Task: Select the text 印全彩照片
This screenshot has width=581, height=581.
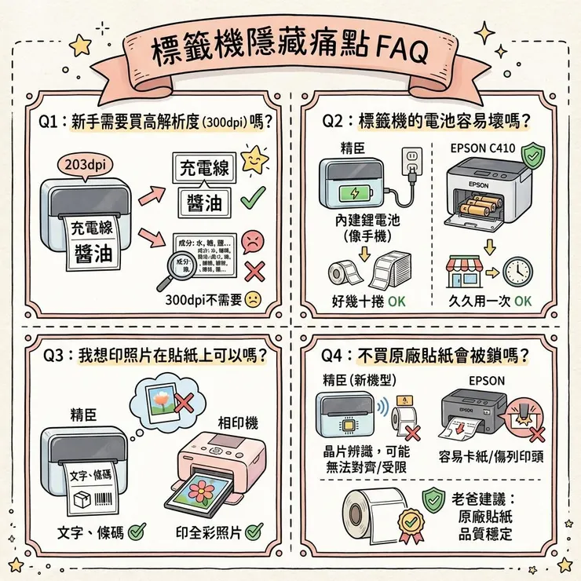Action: coord(208,532)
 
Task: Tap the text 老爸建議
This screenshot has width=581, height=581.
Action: coord(484,499)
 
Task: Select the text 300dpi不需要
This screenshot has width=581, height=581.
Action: coord(203,300)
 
